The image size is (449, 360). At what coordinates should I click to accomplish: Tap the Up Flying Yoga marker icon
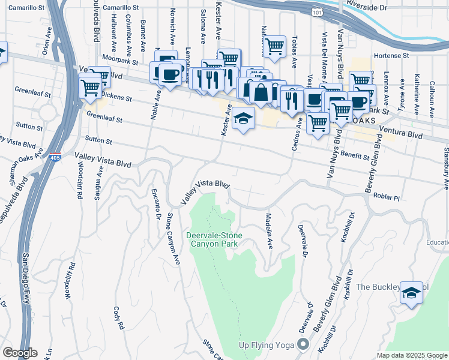(x=303, y=344)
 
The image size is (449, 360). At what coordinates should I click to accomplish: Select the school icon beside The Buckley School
(x=411, y=293)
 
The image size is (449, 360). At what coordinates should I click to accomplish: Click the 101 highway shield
(x=316, y=12)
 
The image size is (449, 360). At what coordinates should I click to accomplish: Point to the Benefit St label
(x=354, y=156)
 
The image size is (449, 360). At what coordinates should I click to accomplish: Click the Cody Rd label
(x=118, y=317)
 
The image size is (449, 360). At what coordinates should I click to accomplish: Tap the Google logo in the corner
(x=20, y=352)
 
